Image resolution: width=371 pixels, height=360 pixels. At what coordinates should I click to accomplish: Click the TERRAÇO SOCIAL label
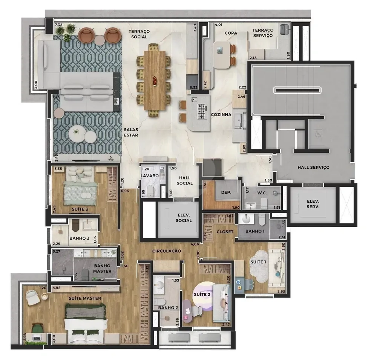(x=139, y=34)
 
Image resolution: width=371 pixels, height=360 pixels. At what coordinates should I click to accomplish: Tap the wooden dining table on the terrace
(x=155, y=80)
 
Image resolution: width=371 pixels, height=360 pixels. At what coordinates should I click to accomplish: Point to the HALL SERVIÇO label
(x=313, y=167)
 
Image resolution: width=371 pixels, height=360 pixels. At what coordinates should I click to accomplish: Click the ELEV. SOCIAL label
(x=184, y=218)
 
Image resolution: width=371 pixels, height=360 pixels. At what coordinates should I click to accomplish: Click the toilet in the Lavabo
(x=150, y=191)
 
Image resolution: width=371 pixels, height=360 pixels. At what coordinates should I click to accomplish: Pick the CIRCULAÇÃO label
(x=167, y=251)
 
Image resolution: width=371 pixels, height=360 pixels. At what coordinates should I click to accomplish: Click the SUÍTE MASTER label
(x=84, y=298)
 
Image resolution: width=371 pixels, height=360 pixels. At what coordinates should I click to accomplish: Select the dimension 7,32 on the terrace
(x=58, y=25)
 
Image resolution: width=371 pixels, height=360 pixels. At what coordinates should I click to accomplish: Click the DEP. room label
(x=226, y=192)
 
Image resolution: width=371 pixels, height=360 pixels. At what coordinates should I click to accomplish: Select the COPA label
(x=231, y=33)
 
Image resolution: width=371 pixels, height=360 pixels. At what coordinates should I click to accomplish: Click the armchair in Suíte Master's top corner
(x=33, y=298)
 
